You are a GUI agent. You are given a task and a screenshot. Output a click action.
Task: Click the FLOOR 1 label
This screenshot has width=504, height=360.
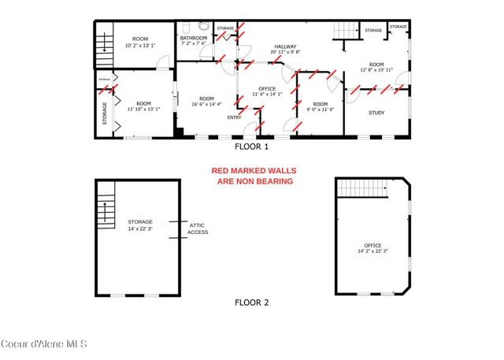click(x=252, y=147)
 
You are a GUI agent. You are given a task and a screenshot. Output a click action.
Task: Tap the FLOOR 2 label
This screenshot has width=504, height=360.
click(x=252, y=302)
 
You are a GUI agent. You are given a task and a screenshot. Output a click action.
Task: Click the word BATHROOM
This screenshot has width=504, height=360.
click(x=194, y=38)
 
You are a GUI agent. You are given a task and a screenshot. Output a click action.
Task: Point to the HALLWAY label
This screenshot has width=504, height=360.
click(x=285, y=47)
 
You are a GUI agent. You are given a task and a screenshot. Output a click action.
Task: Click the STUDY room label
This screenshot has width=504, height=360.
click(x=377, y=113)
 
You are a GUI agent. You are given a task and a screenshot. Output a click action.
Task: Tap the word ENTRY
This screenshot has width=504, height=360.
click(x=235, y=117)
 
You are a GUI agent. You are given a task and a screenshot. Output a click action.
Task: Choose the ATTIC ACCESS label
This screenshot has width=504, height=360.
click(x=198, y=229)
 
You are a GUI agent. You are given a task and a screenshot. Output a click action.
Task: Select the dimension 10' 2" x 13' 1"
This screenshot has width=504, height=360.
click(x=140, y=44)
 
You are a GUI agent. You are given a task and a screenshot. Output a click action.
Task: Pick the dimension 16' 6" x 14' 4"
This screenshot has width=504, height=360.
click(x=206, y=103)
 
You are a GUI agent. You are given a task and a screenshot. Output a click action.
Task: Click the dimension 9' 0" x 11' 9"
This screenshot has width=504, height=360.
click(x=320, y=110)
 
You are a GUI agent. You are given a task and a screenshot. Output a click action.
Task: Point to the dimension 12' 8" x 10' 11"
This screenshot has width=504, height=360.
click(x=376, y=71)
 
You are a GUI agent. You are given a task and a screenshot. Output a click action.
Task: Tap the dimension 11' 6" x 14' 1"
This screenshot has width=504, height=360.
click(x=265, y=95)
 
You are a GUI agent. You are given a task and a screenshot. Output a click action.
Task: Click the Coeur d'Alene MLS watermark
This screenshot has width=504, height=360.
click(x=44, y=343)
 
